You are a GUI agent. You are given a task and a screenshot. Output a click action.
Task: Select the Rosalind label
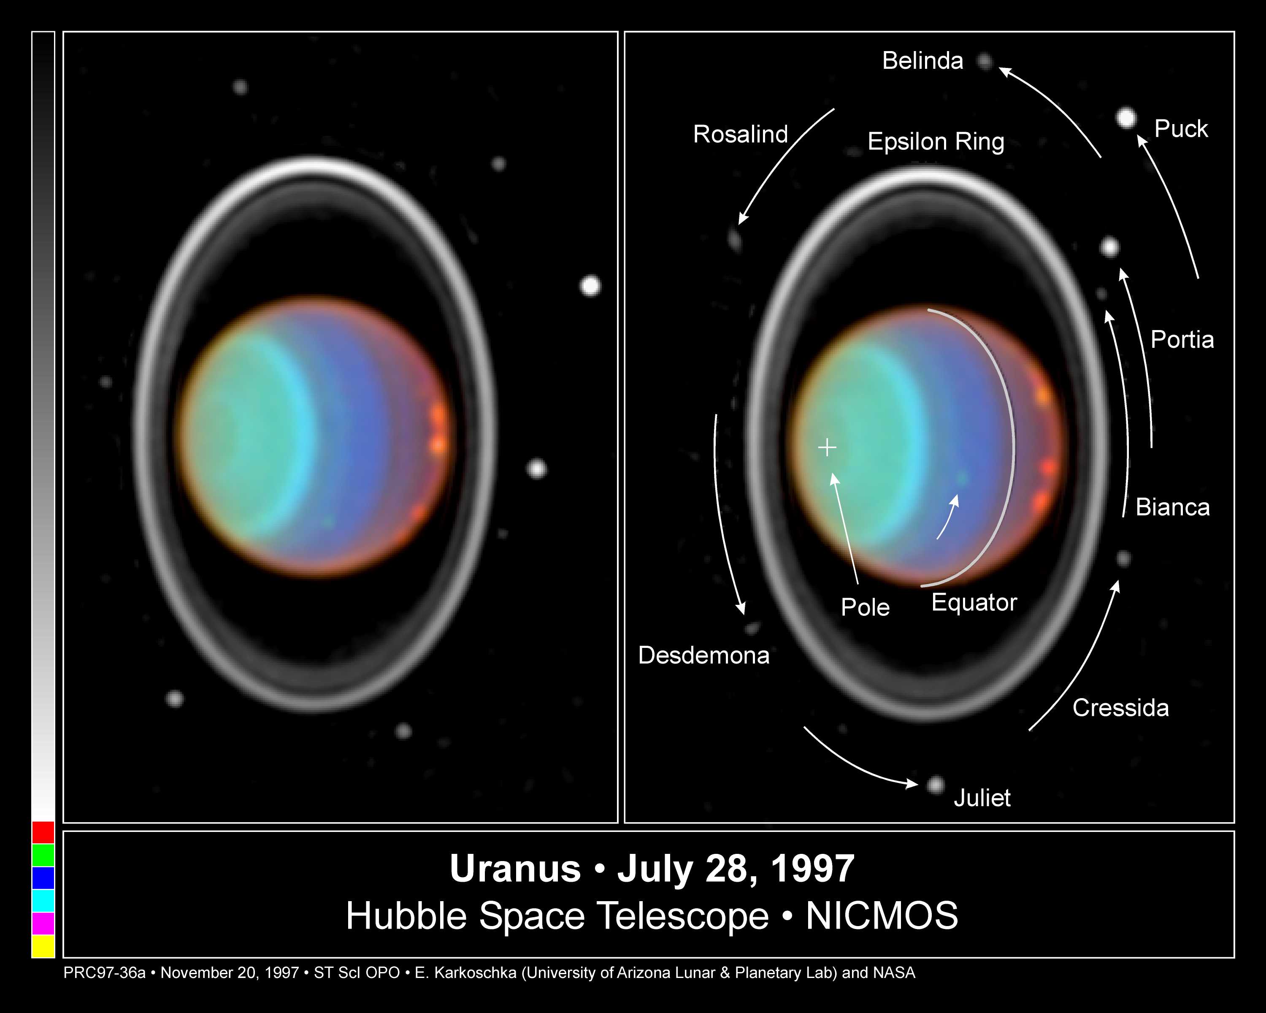[x=741, y=135]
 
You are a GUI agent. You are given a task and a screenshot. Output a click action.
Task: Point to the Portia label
[x=1182, y=339]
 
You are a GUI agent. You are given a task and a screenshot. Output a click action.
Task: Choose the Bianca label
[x=1173, y=507]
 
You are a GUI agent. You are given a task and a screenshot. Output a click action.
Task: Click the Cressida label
[x=1120, y=708]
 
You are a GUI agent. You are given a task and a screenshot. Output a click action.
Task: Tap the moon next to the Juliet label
[x=936, y=785]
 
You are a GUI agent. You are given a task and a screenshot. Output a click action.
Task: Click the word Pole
[x=865, y=607]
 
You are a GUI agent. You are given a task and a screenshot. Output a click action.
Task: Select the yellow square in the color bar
[x=43, y=946]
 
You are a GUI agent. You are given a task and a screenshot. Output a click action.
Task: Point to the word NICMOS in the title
[x=882, y=915]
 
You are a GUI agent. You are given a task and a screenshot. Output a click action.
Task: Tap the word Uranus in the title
[x=515, y=869]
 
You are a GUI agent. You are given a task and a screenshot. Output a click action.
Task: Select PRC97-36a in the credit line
[x=105, y=973]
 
